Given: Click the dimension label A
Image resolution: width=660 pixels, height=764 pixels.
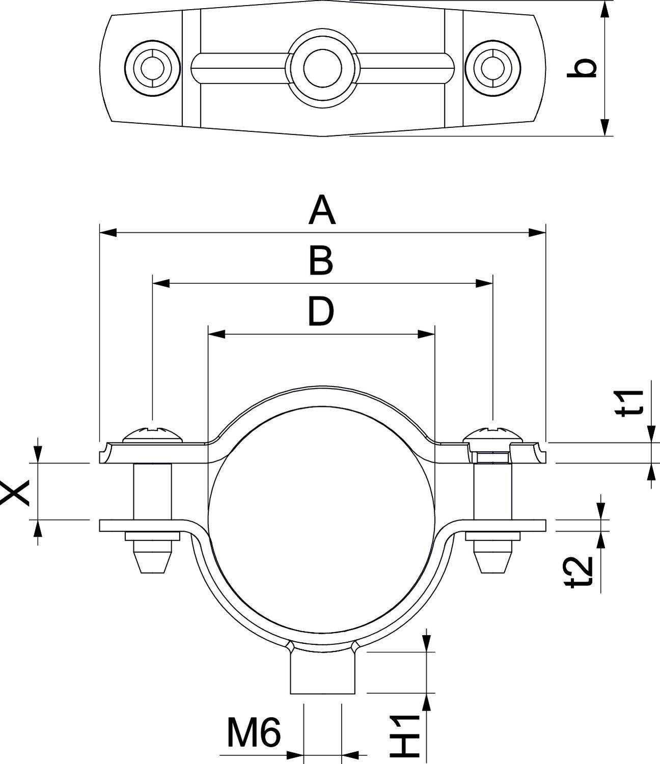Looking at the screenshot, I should click(322, 211).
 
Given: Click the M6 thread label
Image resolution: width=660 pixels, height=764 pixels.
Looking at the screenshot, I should click(253, 733).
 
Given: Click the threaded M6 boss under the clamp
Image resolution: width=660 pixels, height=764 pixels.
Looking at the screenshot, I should click(322, 672).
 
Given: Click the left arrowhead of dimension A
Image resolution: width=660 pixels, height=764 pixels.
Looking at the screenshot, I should click(108, 233).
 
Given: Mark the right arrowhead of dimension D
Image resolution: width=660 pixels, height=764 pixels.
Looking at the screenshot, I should click(426, 334).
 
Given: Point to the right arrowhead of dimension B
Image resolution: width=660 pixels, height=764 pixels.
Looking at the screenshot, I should click(484, 283).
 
